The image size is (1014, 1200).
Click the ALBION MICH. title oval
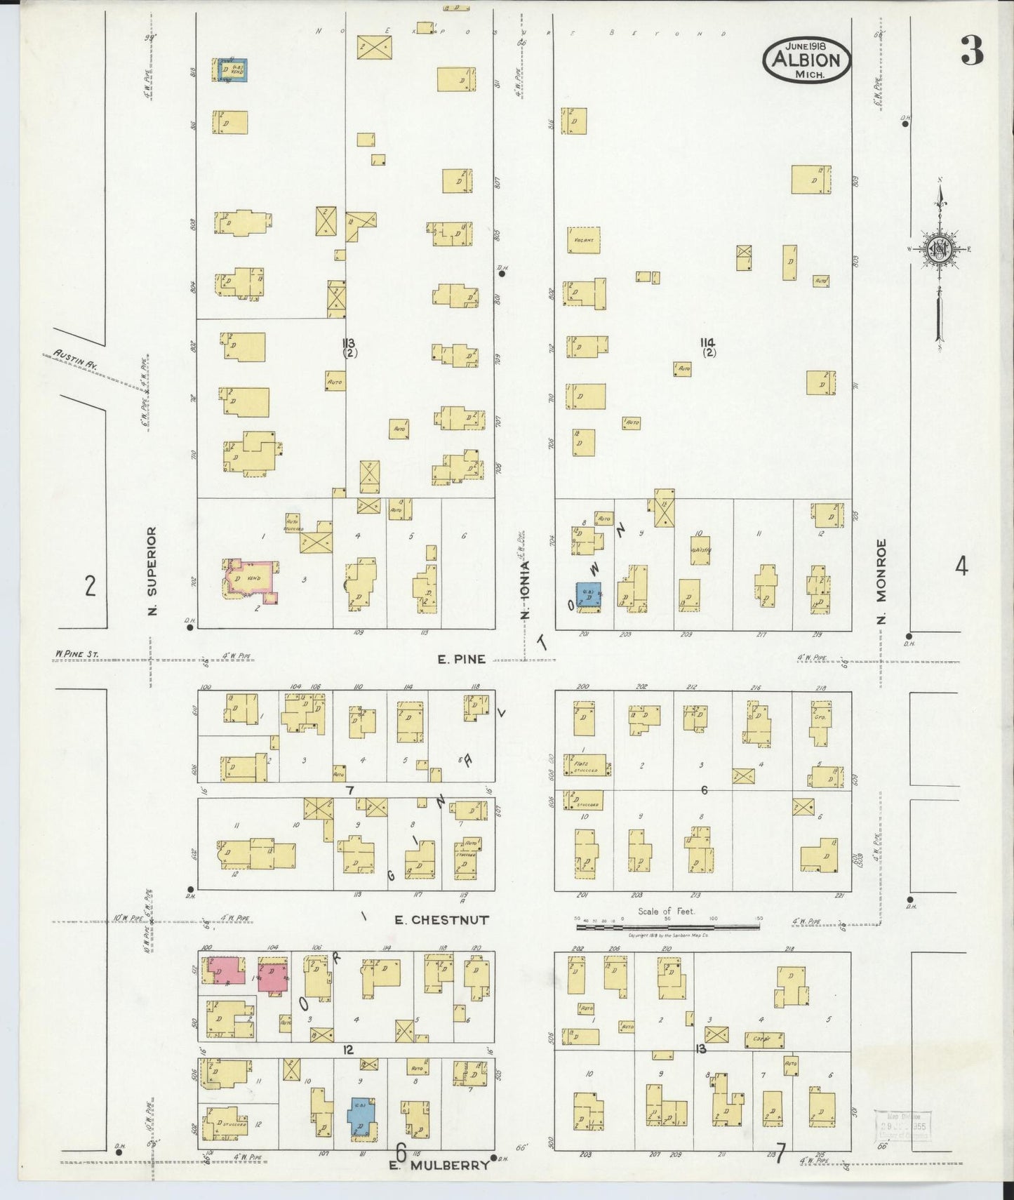click(806, 59)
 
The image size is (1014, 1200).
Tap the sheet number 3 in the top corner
click(973, 51)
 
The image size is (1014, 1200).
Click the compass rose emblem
click(939, 250)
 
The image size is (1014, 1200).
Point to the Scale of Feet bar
click(667, 927)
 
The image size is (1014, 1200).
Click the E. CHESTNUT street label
click(441, 919)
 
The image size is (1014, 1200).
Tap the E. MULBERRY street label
click(439, 1165)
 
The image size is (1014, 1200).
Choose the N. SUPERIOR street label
click(152, 571)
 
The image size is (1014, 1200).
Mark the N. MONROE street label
click(882, 580)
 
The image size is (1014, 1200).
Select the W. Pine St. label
click(77, 654)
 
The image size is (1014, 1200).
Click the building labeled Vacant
click(584, 240)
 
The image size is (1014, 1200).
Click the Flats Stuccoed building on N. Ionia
click(584, 766)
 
